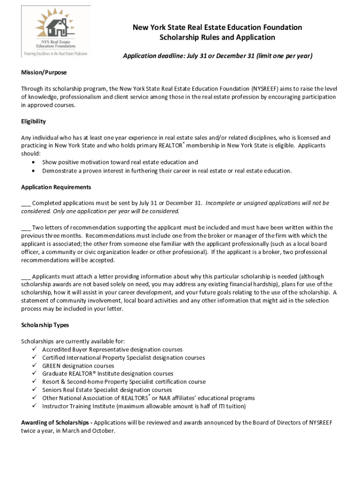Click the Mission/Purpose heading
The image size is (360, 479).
tap(44, 73)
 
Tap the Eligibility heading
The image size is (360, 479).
tap(33, 122)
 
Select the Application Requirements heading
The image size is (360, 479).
tap(56, 187)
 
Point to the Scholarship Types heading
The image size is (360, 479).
tap(45, 325)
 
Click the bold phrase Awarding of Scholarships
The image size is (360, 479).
tap(56, 422)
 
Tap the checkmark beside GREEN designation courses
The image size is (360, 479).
tap(34, 366)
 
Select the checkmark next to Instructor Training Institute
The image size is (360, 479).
tap(34, 406)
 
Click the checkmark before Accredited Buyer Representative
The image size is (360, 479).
tap(34, 349)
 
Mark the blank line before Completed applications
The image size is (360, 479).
tap(26, 204)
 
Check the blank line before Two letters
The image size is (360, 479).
tap(26, 228)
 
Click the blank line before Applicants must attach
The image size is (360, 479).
tap(26, 277)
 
